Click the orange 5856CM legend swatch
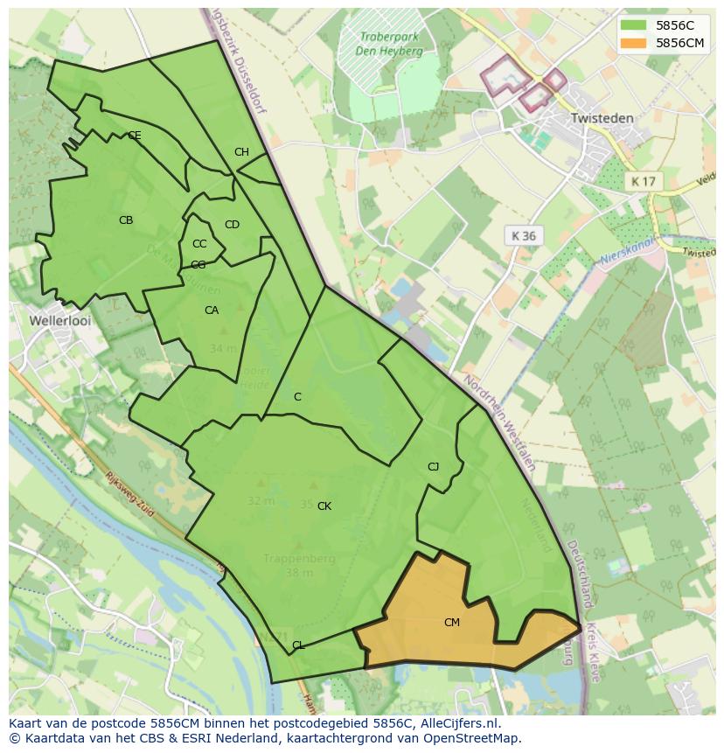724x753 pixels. pyautogui.click(x=636, y=43)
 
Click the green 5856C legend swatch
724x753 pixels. pyautogui.click(x=636, y=25)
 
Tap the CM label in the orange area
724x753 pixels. pyautogui.click(x=451, y=623)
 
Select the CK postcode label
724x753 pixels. pyautogui.click(x=324, y=506)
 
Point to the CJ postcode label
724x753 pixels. pyautogui.click(x=433, y=466)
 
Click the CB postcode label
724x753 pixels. pyautogui.click(x=126, y=220)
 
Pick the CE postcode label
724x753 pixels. pyautogui.click(x=135, y=136)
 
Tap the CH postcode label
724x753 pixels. pyautogui.click(x=241, y=152)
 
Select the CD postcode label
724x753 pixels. pyautogui.click(x=232, y=225)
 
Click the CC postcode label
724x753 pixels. pyautogui.click(x=199, y=244)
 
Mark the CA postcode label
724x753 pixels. pyautogui.click(x=212, y=310)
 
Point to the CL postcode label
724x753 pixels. pyautogui.click(x=298, y=645)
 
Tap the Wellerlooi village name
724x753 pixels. pyautogui.click(x=60, y=321)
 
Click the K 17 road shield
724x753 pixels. pyautogui.click(x=644, y=182)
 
